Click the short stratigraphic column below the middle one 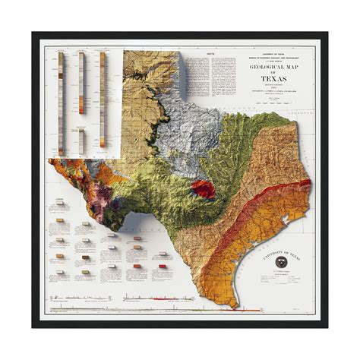pyautogui.click(x=81, y=140)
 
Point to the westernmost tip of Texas pyautogui.click(x=50, y=162)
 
